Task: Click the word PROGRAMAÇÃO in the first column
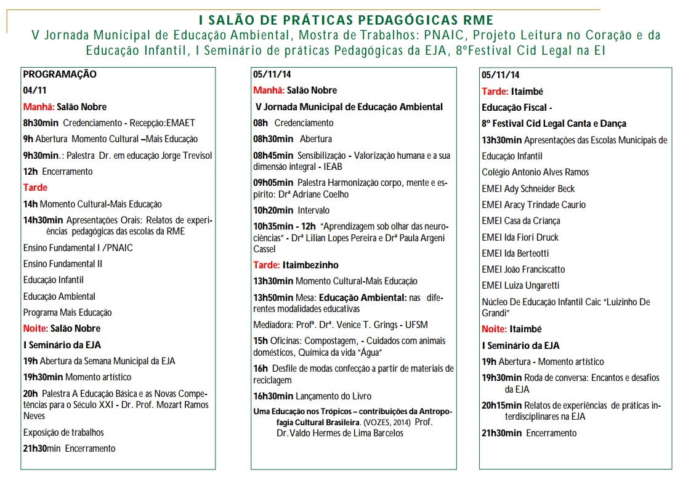click(x=60, y=74)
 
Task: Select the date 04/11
click(x=34, y=90)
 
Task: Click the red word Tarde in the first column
click(x=35, y=187)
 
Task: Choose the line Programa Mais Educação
click(x=68, y=312)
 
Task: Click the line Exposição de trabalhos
click(x=63, y=432)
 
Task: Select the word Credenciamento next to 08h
click(x=304, y=122)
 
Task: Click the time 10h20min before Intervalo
click(x=273, y=210)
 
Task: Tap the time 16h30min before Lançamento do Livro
click(x=273, y=396)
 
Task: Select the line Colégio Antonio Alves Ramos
click(x=535, y=172)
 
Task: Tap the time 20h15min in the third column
click(x=502, y=405)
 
